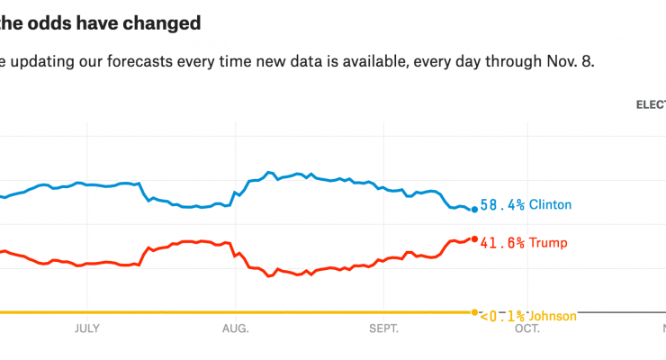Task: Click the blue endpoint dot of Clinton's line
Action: [x=474, y=209]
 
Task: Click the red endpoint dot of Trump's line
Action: [x=474, y=238]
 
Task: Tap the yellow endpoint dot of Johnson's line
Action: [x=474, y=312]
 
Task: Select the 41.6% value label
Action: [x=502, y=243]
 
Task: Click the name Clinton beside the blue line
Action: [x=550, y=205]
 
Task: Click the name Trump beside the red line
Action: [x=548, y=243]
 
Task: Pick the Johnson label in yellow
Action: [x=553, y=316]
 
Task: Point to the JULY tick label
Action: [x=87, y=328]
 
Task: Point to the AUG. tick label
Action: [x=235, y=328]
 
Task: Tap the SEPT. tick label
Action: [x=383, y=328]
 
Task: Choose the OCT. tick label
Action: [x=527, y=328]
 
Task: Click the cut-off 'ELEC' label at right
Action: [x=651, y=105]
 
